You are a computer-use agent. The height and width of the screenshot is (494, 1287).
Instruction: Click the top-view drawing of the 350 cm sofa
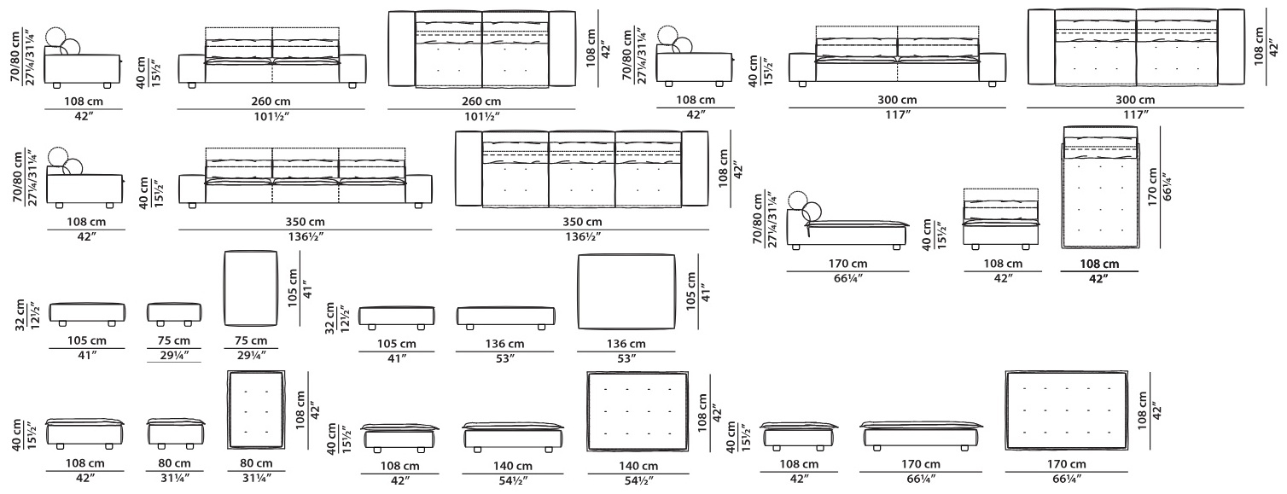(581, 169)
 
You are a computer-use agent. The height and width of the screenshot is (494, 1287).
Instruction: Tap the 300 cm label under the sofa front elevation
(897, 99)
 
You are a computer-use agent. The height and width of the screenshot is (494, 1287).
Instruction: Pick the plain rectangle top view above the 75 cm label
(251, 288)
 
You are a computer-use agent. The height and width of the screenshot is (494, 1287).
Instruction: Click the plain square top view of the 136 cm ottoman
(626, 293)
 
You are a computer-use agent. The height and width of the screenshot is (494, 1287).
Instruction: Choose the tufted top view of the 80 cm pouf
(256, 410)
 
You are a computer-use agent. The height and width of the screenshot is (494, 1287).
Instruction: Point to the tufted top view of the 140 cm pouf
(638, 410)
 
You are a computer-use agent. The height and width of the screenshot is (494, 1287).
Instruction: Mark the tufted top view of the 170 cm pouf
(1066, 410)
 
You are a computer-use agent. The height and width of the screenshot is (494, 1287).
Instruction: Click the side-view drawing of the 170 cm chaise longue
(848, 221)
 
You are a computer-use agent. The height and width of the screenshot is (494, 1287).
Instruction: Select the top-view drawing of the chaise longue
(1100, 188)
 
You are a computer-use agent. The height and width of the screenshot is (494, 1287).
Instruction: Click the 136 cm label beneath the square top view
(626, 344)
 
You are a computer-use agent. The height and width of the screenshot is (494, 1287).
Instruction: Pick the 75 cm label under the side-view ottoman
(173, 340)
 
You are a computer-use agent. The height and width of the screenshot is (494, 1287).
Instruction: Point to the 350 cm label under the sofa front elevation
(305, 221)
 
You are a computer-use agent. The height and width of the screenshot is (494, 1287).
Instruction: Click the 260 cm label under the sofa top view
(480, 101)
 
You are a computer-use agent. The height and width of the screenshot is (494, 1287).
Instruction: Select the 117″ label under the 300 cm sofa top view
(1135, 114)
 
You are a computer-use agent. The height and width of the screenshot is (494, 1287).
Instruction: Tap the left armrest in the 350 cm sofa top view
(469, 168)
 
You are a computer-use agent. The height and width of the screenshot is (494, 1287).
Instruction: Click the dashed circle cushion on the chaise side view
(798, 201)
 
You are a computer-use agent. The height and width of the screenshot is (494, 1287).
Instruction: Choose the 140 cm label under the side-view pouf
(513, 466)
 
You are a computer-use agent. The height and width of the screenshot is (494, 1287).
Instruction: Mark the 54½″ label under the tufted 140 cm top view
(638, 480)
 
